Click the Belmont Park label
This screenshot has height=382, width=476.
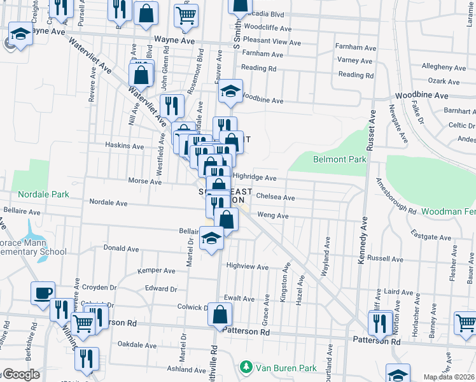tap(340, 159)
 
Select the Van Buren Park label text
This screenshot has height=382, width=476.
tap(286, 367)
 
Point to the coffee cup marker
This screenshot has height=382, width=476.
tap(43, 293)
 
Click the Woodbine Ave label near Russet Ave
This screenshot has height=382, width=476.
tap(421, 95)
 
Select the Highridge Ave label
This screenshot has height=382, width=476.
tap(255, 178)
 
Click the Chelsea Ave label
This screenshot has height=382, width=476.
tap(275, 197)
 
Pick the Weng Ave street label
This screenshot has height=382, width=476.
tap(273, 216)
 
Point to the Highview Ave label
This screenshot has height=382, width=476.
tap(248, 267)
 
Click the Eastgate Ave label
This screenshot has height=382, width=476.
tap(431, 236)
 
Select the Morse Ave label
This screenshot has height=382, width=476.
tap(145, 181)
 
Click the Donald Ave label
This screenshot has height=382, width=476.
tap(121, 249)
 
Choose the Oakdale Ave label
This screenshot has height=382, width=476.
tap(137, 344)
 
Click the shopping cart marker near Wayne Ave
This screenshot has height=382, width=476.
tap(186, 15)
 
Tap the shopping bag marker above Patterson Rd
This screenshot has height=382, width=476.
tap(220, 315)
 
